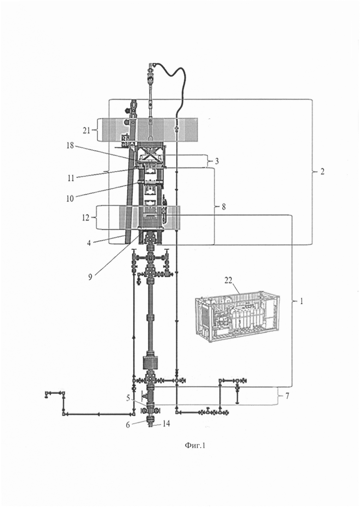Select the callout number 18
coord(70,145)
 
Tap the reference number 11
coord(71,178)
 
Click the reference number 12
coord(86,217)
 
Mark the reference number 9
coord(90,276)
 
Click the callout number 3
coord(216,161)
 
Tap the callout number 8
coord(223,206)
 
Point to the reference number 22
coord(228,280)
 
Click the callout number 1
coord(301,301)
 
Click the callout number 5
coord(129,397)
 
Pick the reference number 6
coord(128,424)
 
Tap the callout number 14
coord(166,424)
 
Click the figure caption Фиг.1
coord(195,446)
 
